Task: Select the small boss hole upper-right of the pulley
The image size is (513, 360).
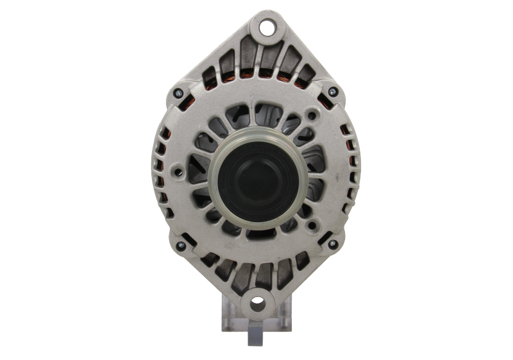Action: click(x=312, y=116)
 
